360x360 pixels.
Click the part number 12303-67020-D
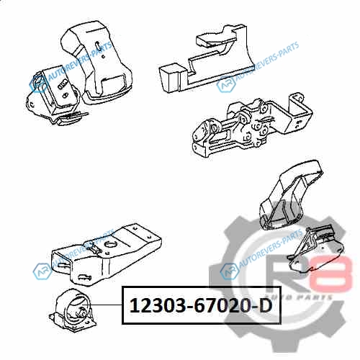pos(201,306)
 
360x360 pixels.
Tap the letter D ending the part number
pos(265,306)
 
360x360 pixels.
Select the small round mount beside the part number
pos(73,310)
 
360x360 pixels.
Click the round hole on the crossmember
pos(111,245)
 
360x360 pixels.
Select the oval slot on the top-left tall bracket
pos(97,45)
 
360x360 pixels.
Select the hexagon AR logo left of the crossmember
pos(42,271)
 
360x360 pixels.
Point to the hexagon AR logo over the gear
pos(230,271)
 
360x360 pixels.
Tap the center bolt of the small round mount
pos(81,312)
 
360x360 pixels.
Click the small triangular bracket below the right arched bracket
pos(315,250)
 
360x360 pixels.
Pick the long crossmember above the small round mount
pos(107,254)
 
